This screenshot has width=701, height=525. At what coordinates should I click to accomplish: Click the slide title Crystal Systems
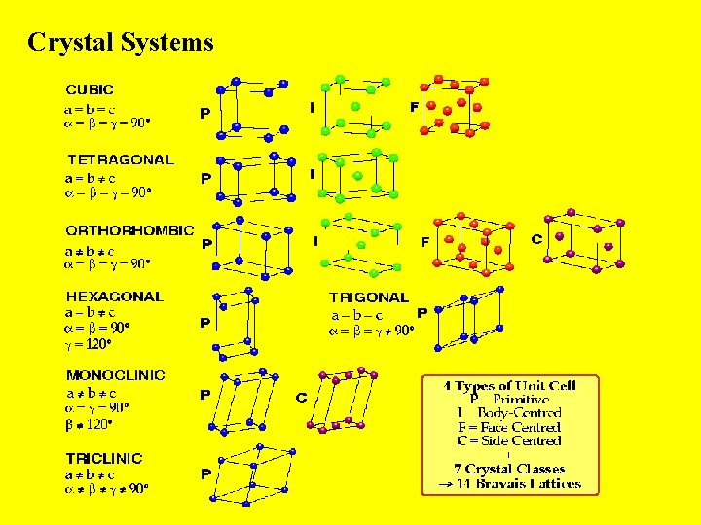[x=120, y=42]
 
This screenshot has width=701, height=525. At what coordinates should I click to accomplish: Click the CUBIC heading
[x=90, y=89]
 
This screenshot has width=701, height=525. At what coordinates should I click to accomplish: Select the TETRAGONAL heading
[x=120, y=159]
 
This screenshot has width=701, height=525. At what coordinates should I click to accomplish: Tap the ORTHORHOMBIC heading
[x=129, y=230]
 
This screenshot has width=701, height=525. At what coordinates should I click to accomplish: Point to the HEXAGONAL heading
[x=114, y=297]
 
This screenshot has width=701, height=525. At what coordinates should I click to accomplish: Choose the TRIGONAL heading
[x=369, y=297]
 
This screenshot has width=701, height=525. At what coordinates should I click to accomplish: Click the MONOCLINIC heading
[x=115, y=375]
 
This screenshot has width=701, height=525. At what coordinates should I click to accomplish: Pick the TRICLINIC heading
[x=103, y=458]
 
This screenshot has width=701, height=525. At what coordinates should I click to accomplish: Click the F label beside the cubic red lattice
[x=414, y=107]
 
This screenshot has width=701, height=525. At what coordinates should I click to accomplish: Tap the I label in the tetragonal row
[x=312, y=175]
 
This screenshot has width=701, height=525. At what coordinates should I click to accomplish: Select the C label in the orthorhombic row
[x=536, y=238]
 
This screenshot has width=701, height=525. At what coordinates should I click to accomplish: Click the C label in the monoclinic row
[x=302, y=398]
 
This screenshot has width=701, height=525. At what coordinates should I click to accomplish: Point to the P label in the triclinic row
[x=205, y=473]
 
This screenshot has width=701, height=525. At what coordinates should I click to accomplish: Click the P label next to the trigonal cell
[x=422, y=313]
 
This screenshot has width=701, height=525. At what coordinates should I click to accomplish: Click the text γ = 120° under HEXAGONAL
[x=89, y=344]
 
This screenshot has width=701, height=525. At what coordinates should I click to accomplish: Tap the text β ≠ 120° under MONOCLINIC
[x=91, y=424]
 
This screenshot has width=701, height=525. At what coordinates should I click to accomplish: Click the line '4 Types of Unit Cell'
[x=509, y=386]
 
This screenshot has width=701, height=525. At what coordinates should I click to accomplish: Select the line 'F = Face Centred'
[x=509, y=427]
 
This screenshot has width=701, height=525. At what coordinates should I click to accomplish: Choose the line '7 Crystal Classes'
[x=509, y=469]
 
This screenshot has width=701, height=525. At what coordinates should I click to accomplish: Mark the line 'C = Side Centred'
[x=509, y=440]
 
